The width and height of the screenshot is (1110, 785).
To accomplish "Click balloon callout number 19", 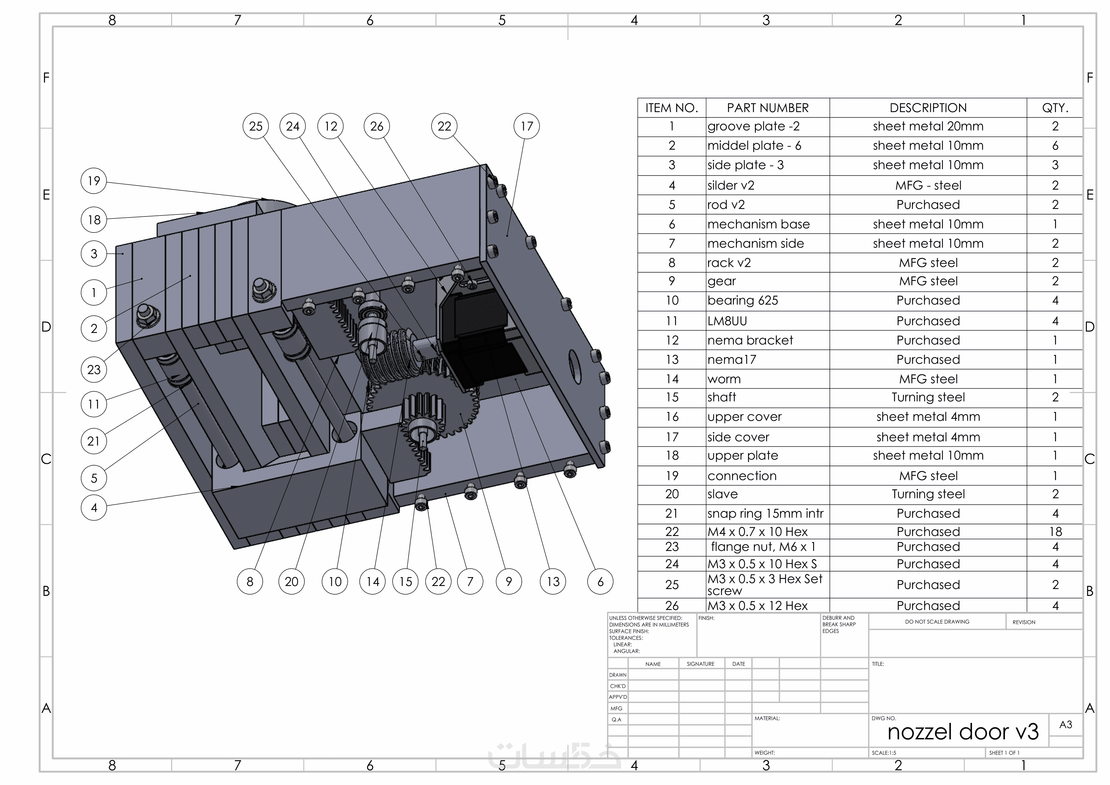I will [x=94, y=181].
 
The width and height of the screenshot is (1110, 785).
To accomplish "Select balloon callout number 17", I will [x=526, y=126].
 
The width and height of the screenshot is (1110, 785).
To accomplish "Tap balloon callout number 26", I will [x=376, y=126].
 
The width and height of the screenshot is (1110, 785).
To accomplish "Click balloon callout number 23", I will [x=94, y=370].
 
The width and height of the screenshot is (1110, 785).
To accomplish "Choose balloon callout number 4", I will [x=94, y=507].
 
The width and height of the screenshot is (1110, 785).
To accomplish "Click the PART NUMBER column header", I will [x=767, y=108].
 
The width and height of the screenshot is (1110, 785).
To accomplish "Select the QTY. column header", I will [x=1055, y=108].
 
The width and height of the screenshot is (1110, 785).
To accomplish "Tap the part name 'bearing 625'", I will [x=743, y=301].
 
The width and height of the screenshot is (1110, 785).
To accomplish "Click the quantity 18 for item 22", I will [x=1055, y=532].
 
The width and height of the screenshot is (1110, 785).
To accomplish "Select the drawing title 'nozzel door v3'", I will [x=963, y=732].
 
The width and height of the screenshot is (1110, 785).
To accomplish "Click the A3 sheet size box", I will [x=1065, y=725].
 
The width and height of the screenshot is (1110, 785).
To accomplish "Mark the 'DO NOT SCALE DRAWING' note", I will [x=937, y=622].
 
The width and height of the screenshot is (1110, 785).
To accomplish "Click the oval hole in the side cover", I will [x=574, y=367].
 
